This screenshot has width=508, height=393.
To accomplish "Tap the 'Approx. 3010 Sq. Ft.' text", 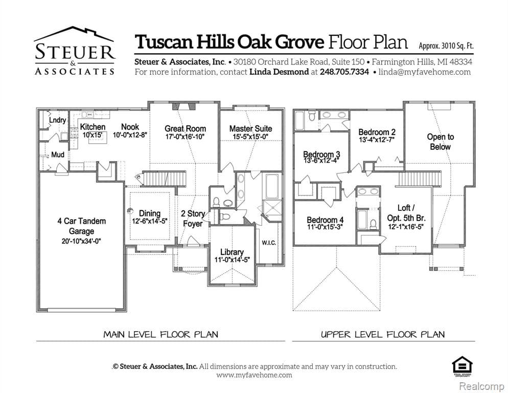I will coord(446,45).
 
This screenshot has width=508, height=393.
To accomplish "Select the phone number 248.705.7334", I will coord(344,72).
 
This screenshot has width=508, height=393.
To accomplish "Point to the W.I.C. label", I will coord(269,243).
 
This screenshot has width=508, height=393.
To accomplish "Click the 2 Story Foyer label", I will coord(193,219).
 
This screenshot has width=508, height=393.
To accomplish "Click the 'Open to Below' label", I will coord(440,142).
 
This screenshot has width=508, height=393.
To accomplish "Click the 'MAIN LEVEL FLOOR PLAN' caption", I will coord(160,335).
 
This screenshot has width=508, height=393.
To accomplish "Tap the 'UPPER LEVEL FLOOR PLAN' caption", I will coord(382,335).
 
